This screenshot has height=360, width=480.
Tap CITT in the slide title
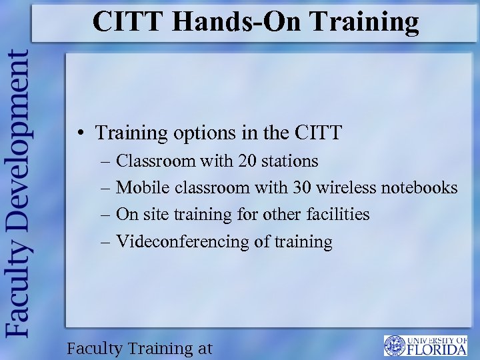[x=127, y=21]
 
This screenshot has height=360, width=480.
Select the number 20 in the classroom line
[x=247, y=161]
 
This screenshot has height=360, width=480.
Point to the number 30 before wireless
[x=301, y=188]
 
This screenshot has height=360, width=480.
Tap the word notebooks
[x=419, y=188]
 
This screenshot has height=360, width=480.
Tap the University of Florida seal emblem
[x=394, y=345]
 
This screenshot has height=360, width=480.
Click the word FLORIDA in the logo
[x=436, y=349]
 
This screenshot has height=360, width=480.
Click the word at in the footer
[x=204, y=348]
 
